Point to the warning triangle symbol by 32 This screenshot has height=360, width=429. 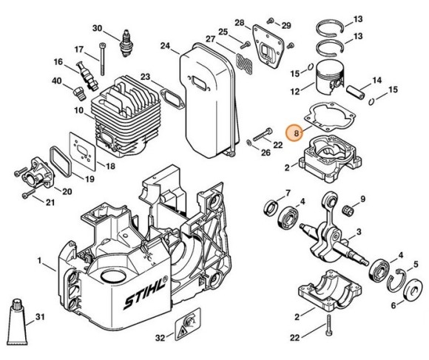pos(189,319)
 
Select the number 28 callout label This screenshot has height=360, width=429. pos(239,23)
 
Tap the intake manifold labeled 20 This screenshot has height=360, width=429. pos(47,169)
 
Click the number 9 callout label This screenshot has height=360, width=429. pos(363,199)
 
